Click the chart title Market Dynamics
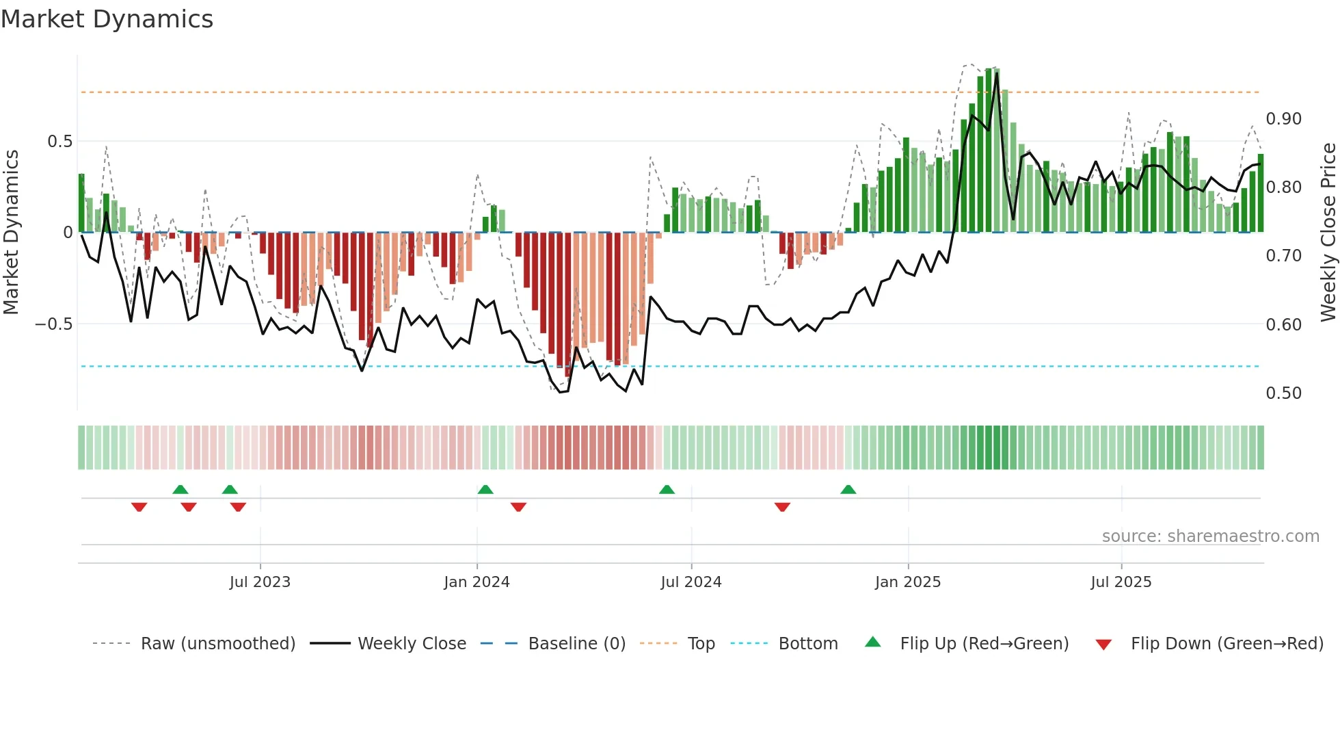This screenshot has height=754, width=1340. point(107,19)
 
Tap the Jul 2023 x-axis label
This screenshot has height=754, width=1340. point(260,582)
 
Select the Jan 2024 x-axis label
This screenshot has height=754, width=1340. point(477,582)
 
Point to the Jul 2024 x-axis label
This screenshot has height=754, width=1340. point(691,582)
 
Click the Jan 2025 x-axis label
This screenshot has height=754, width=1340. point(908,582)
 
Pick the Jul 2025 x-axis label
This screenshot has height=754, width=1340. point(1121,582)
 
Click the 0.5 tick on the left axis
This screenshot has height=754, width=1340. point(59,142)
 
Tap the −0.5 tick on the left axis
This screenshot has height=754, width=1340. point(54,324)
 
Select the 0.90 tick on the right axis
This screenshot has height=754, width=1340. point(1284,119)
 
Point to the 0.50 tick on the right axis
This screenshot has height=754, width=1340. point(1284,393)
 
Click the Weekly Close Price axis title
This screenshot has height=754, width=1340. point(1328,232)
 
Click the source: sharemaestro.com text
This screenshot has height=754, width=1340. point(1210,536)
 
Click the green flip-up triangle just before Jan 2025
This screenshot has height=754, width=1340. point(848,490)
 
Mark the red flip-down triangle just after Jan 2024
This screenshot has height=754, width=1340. point(518,506)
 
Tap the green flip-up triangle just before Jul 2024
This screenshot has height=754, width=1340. point(667,490)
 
